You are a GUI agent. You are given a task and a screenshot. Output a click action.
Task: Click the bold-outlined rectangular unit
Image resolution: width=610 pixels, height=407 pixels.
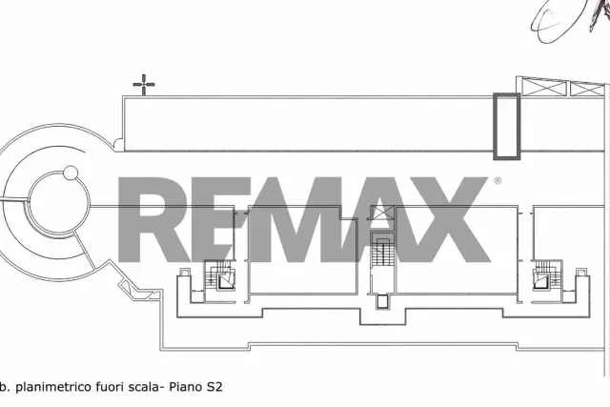(x=506, y=126)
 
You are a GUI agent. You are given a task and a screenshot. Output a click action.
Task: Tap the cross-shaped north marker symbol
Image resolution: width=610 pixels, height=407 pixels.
(x=144, y=84)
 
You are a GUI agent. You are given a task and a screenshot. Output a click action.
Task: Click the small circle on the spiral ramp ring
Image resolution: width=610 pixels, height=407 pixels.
(x=71, y=173)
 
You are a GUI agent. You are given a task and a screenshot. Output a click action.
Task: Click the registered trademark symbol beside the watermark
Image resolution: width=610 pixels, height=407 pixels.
(x=498, y=181)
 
